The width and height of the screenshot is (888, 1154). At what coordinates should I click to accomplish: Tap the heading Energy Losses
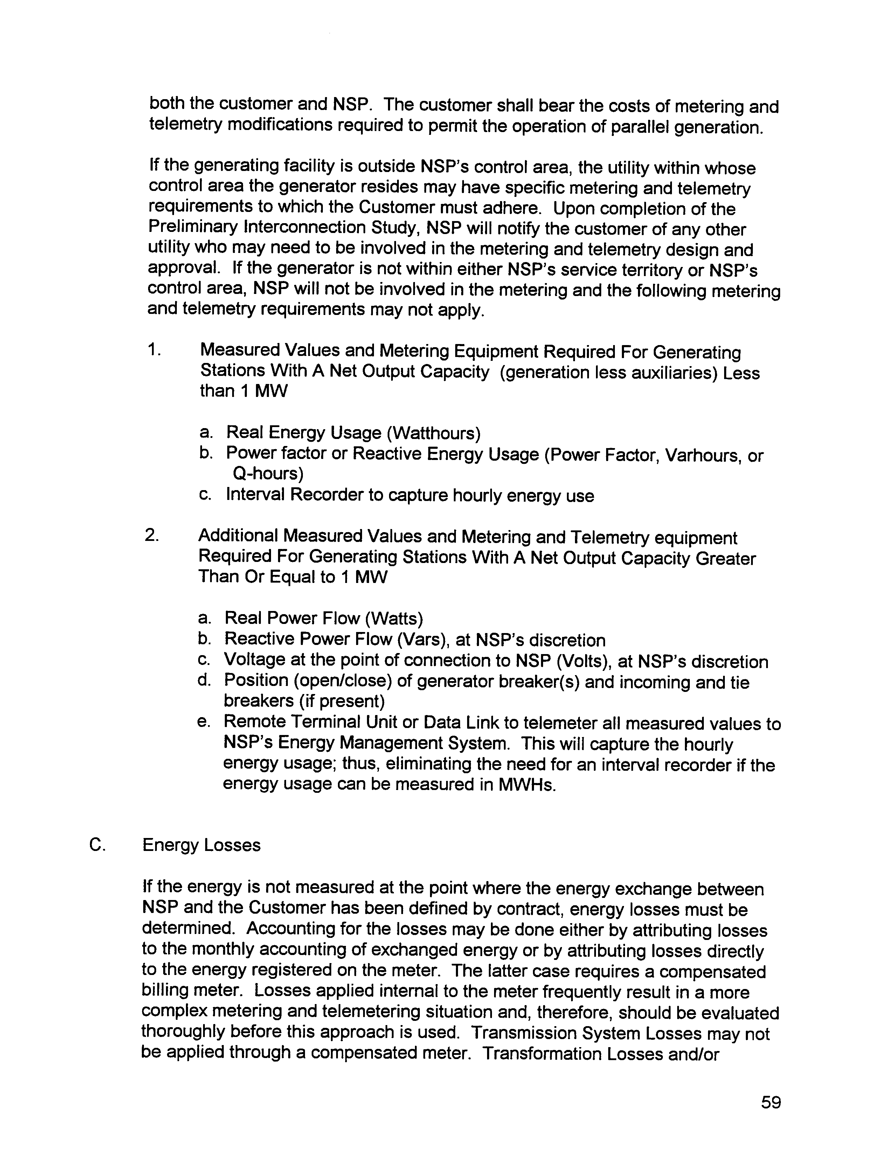coord(201,845)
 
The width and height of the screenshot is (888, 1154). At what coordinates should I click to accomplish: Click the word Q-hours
coord(268,474)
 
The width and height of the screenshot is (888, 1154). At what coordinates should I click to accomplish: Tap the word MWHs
coord(527,785)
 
